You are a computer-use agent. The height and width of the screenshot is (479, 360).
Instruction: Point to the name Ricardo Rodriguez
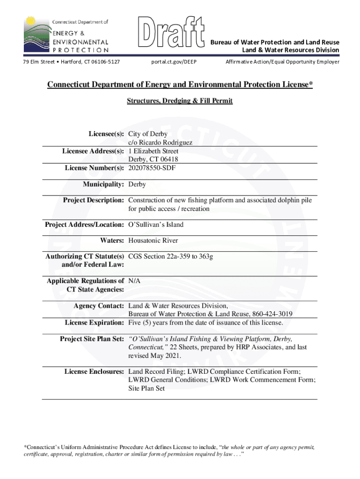(x=158, y=143)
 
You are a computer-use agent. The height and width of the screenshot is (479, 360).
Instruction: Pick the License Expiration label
(x=94, y=323)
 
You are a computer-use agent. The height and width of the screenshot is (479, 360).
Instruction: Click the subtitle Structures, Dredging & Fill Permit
(x=180, y=101)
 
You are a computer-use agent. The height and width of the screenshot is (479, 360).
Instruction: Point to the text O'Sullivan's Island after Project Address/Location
(x=156, y=225)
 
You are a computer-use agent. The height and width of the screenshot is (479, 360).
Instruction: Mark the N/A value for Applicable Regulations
(x=134, y=281)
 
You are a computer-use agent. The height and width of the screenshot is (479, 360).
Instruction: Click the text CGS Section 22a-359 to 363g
(x=171, y=256)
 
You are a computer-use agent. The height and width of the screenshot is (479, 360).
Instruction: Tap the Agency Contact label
(x=99, y=306)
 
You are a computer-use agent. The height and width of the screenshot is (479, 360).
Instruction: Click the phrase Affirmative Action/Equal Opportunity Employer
(x=282, y=62)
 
